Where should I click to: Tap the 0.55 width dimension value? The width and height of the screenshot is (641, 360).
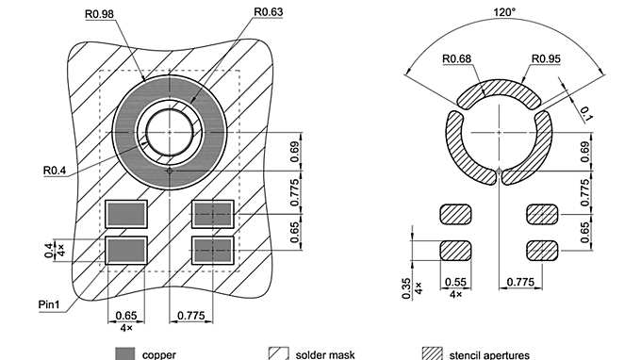pos(456,282)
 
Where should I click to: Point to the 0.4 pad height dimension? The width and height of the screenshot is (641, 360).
pos(48,249)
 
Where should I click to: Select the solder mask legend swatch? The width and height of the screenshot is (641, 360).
pos(279,353)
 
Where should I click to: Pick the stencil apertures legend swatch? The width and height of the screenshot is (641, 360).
pos(433,353)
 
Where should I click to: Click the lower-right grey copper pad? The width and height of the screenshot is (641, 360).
pos(212,250)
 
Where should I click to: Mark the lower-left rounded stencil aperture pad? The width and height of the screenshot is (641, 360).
pos(456,250)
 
